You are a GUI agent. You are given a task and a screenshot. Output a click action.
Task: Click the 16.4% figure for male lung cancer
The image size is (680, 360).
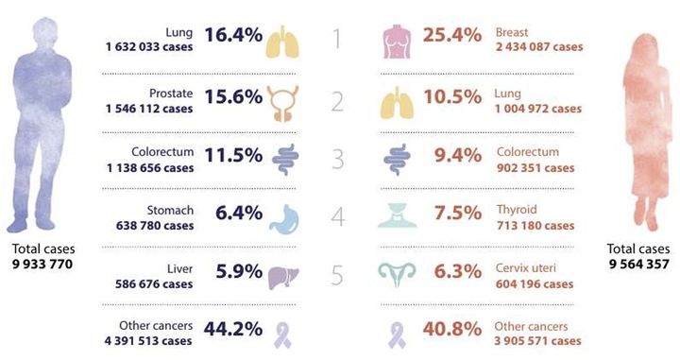coord(233,35)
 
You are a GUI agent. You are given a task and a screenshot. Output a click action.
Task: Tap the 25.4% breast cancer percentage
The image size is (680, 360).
coord(452,35)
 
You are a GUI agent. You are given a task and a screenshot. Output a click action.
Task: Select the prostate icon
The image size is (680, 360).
coord(282,103)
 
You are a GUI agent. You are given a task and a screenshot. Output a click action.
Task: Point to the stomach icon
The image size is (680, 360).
coord(284,219)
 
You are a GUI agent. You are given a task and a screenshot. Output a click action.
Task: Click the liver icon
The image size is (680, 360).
coord(283,278)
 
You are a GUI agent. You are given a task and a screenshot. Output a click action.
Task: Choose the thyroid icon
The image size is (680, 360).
coord(398,215)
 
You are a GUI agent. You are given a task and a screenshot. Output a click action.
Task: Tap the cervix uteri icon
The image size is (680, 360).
coord(397,275)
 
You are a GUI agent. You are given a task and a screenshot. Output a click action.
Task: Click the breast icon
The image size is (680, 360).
coord(397,42)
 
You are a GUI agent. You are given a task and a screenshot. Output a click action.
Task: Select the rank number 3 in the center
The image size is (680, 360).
coord(338,159)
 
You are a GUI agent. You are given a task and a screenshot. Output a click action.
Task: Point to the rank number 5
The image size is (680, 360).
coord(337,275)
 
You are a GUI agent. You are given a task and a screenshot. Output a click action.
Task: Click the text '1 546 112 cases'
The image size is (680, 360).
coord(149,109)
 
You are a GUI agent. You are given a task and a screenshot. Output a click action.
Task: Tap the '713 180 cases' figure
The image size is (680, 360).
coord(535,226)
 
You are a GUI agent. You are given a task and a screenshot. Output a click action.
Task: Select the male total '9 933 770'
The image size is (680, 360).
coord(42,265)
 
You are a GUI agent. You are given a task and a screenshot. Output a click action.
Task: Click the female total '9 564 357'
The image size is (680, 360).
coord(638,265)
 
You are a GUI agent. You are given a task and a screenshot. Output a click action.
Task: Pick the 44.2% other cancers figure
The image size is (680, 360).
coord(233,329)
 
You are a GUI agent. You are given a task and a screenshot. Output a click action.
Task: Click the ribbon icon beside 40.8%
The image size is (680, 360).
coord(397,334)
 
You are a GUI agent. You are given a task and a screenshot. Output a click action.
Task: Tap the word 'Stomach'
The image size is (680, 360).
coord(170,211)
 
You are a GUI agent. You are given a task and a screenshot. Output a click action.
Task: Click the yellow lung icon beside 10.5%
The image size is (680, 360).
coord(397,102)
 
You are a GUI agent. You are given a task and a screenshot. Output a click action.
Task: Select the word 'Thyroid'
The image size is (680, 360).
coord(517,210)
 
